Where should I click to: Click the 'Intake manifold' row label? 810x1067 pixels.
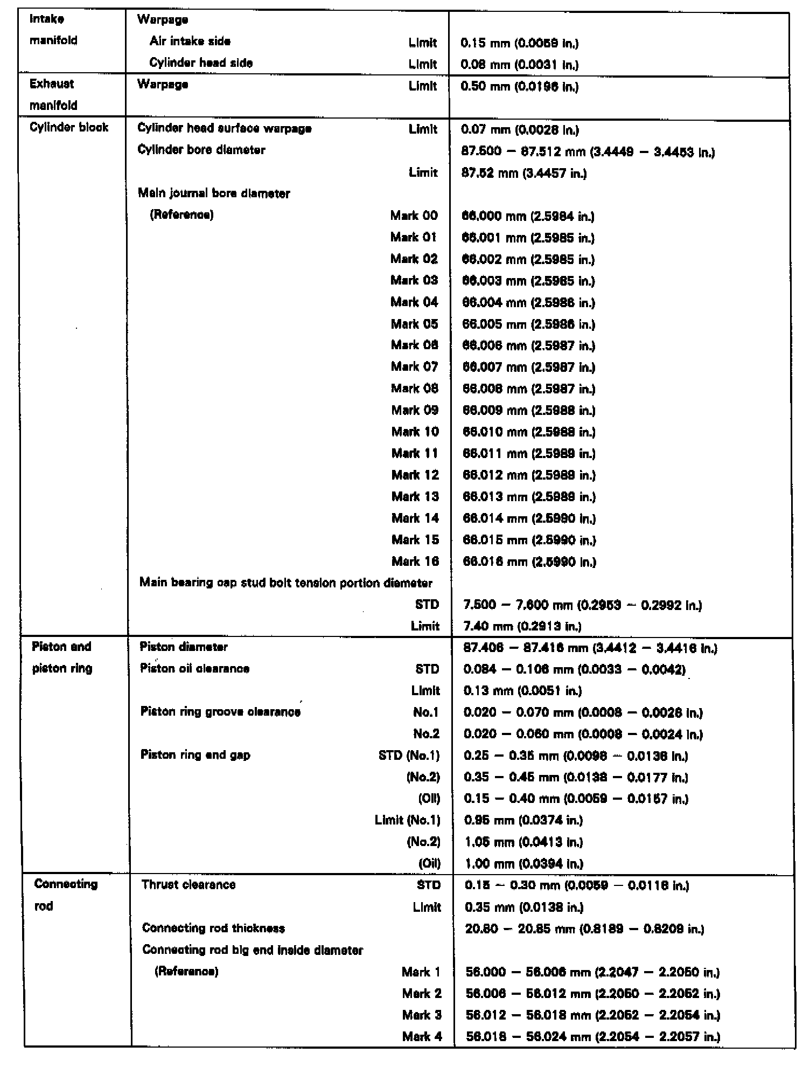point(53,30)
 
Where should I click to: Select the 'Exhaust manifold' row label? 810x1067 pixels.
point(53,95)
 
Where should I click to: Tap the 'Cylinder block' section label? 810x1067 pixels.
point(69,128)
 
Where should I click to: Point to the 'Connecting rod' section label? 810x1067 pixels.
point(65,895)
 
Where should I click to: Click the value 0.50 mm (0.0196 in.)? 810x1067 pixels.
point(520,87)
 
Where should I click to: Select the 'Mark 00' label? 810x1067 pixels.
point(414,216)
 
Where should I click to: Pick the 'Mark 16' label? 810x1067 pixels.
point(415,562)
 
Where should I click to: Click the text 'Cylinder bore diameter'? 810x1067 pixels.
point(201,150)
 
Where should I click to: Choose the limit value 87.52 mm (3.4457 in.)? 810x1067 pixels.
point(524,174)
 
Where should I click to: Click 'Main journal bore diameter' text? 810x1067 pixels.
point(214,193)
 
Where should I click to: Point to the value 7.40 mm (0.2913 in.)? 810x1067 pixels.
point(522,627)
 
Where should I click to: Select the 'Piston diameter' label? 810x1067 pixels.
point(184,647)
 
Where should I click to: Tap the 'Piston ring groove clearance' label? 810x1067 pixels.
point(220,712)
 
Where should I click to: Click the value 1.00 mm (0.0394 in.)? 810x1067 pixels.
point(523,864)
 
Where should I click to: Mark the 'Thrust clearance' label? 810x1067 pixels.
point(188,885)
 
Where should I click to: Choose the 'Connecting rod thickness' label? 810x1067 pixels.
point(213,928)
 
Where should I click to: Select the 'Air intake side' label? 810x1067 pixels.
point(190,41)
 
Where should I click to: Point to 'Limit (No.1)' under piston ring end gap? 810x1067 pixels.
point(407,820)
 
